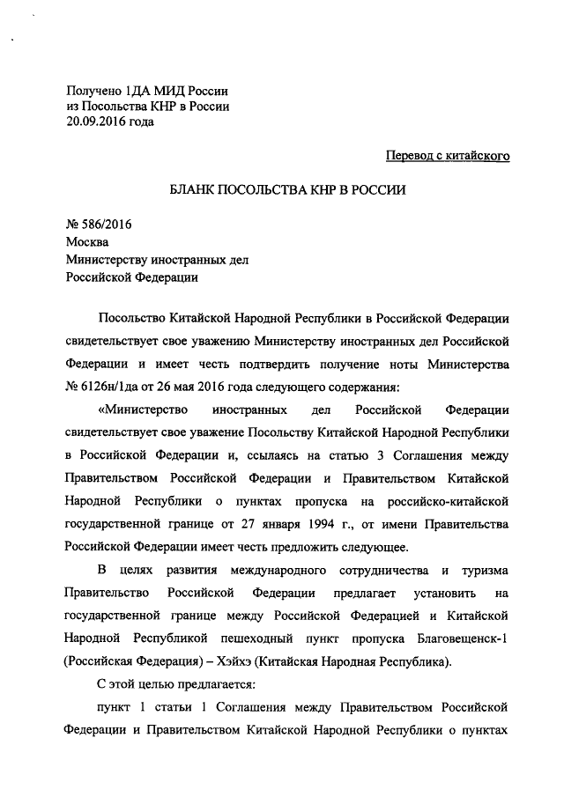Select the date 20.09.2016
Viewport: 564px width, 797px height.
(100, 122)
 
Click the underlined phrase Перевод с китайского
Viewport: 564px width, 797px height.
(449, 156)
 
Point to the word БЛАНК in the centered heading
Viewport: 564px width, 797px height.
(200, 190)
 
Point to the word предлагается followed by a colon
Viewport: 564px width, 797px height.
(199, 683)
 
